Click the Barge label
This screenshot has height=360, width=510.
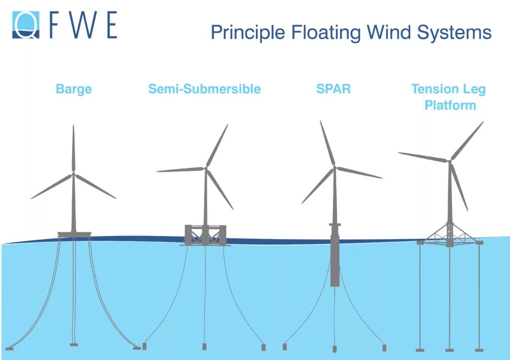(74, 89)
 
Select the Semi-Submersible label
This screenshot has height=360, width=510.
(204, 89)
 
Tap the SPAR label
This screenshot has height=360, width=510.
(333, 89)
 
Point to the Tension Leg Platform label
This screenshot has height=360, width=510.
(448, 97)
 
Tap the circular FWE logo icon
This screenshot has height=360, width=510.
(26, 24)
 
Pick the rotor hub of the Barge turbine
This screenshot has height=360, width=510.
(73, 173)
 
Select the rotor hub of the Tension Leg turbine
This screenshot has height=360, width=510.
(450, 160)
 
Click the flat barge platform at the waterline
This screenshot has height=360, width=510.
(74, 234)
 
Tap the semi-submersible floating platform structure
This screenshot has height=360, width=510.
(205, 235)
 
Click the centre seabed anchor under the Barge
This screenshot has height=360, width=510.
(74, 345)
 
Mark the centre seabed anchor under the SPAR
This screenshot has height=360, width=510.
(335, 349)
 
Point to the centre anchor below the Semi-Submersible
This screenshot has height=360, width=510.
(204, 346)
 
